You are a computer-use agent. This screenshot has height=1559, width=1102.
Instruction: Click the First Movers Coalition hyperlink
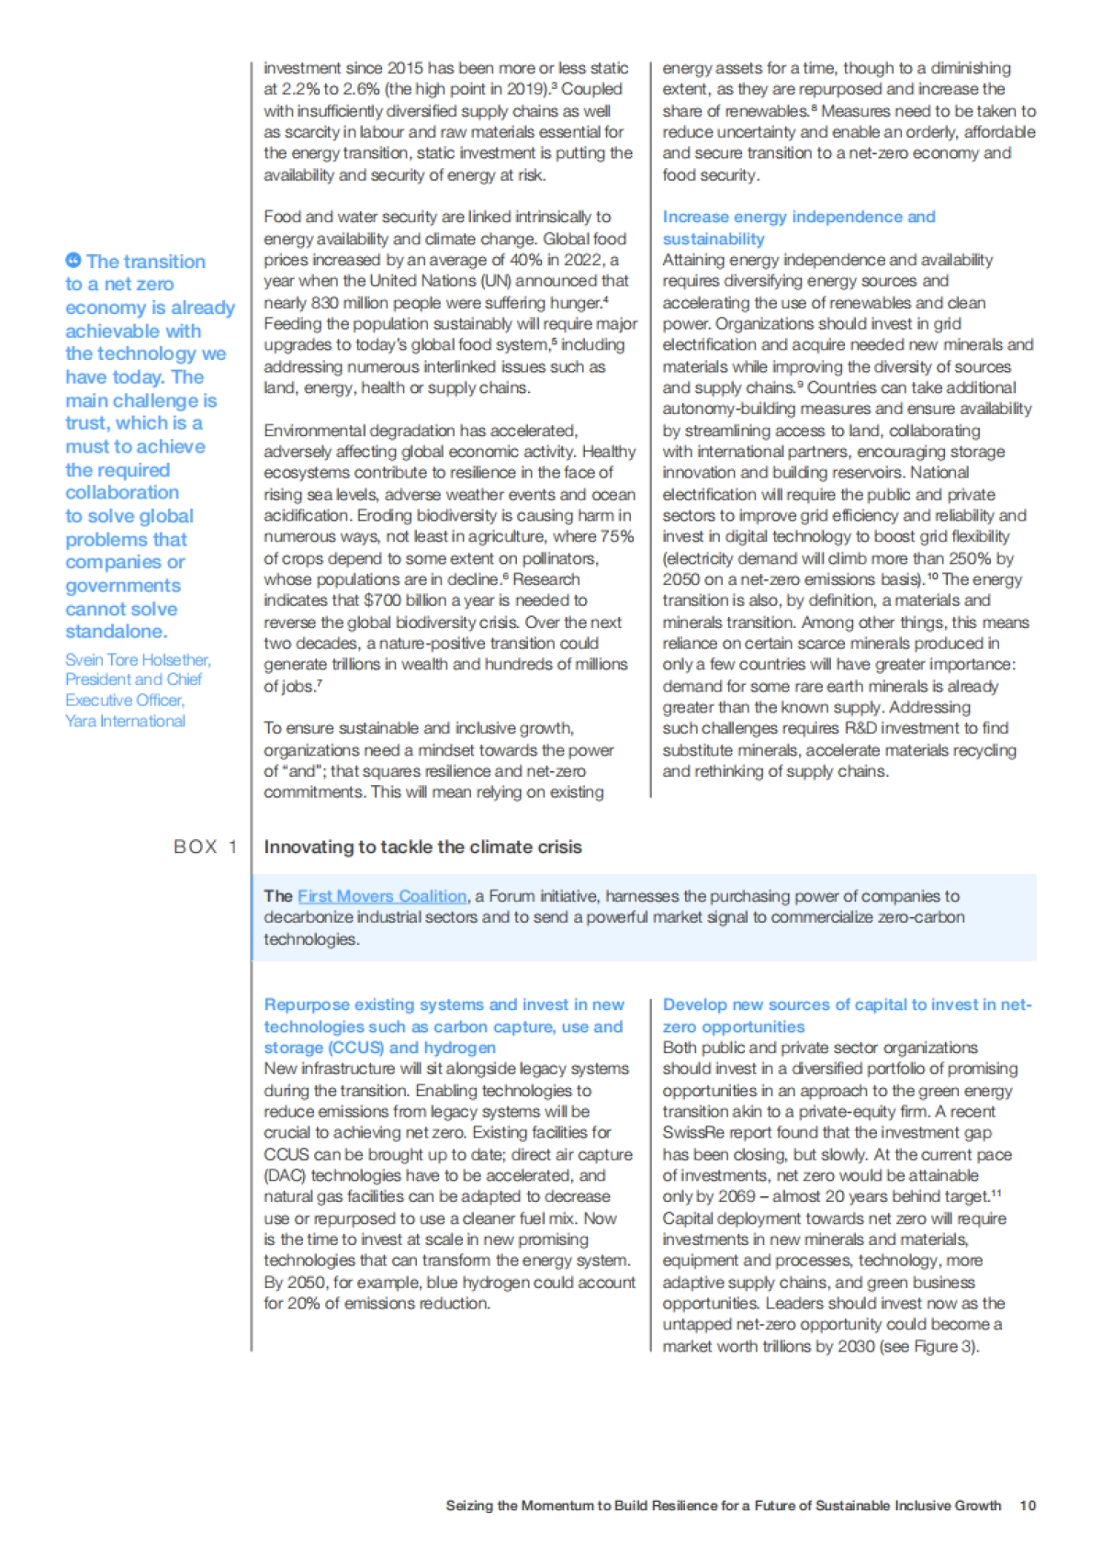click(382, 896)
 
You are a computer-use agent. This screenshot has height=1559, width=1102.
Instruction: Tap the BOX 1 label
click(205, 847)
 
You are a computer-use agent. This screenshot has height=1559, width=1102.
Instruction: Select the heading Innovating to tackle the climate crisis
click(422, 847)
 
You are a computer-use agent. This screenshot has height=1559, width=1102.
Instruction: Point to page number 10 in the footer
click(1028, 1506)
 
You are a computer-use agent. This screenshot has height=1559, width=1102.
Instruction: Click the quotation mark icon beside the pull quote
click(73, 261)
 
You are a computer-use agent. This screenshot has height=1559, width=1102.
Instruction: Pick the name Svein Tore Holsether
click(138, 659)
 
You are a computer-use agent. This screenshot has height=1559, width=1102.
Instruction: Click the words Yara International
click(125, 721)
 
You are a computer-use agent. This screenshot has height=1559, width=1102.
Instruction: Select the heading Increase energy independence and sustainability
click(798, 228)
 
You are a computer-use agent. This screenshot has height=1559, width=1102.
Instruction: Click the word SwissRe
click(697, 1133)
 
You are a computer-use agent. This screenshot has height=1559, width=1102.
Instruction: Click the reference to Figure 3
click(943, 1346)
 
